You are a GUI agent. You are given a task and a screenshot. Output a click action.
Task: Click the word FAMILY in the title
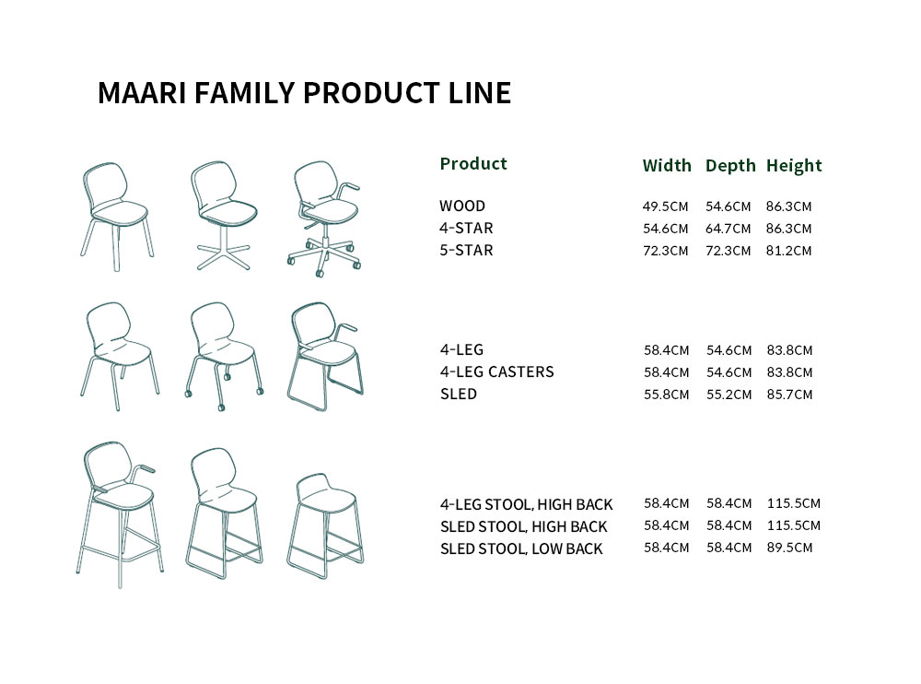(244, 93)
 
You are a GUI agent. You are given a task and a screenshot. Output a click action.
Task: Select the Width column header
(667, 165)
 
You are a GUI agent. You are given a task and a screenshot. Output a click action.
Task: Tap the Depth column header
(730, 166)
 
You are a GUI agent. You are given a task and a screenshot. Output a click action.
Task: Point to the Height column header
(794, 166)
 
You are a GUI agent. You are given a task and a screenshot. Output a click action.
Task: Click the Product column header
(473, 163)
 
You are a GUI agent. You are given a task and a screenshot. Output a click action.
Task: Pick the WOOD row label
(462, 206)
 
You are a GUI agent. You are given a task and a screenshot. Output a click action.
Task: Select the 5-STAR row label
(466, 251)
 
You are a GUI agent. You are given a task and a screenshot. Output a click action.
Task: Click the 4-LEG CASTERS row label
(497, 371)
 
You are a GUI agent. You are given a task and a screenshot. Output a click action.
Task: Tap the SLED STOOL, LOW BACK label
(521, 548)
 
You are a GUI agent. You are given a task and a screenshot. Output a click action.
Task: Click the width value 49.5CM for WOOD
(665, 206)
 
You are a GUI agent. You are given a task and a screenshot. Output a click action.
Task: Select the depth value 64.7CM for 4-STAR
(728, 229)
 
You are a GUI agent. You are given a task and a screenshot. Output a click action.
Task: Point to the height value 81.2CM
(788, 251)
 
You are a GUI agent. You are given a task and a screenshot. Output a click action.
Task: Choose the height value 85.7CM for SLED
(789, 394)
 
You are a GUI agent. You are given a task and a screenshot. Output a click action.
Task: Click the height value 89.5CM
(789, 548)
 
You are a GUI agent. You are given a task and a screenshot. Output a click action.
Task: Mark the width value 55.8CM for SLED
(666, 394)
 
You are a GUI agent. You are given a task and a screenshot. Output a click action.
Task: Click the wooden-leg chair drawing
(117, 217)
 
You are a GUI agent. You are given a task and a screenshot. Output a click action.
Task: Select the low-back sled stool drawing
(325, 526)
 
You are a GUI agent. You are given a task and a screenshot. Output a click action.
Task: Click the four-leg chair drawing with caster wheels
(224, 357)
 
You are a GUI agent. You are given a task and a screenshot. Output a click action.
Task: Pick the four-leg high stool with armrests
(120, 514)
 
